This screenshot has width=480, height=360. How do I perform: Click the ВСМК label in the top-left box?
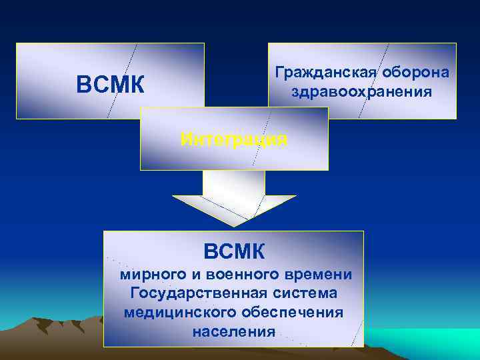110,85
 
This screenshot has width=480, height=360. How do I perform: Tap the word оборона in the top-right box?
416,72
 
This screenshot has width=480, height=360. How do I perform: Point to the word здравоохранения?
362,91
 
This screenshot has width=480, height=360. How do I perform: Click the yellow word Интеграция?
234,140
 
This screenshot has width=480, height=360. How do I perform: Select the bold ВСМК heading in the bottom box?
234,251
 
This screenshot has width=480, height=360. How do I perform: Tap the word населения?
233,331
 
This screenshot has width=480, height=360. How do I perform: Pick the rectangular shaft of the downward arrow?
234,183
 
